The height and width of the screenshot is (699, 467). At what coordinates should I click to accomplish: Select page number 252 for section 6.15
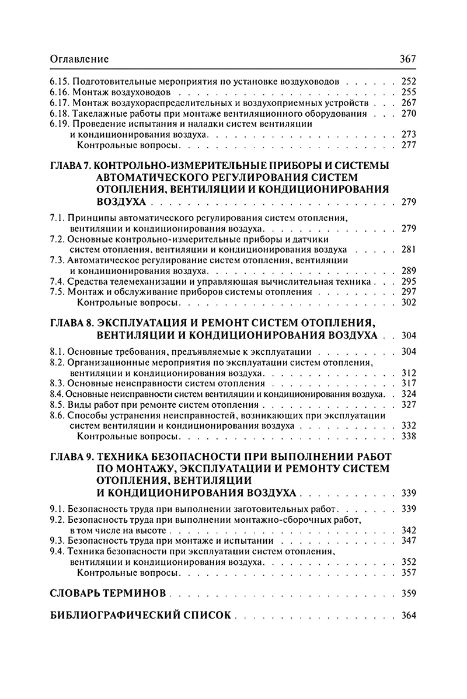pos(409,82)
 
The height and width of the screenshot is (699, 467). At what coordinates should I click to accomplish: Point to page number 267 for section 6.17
pos(409,103)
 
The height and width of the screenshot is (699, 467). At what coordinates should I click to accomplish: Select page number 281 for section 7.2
pos(409,250)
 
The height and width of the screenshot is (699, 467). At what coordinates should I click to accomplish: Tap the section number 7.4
pos(58,281)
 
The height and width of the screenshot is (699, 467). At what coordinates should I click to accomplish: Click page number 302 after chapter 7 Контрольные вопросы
pos(409,302)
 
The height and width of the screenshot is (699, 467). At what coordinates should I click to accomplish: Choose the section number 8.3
pos(58,383)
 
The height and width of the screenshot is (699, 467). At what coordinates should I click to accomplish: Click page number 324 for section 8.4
pos(409,394)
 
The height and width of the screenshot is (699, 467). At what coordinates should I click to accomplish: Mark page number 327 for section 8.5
pos(409,404)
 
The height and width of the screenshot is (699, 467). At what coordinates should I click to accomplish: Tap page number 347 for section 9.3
pos(409,541)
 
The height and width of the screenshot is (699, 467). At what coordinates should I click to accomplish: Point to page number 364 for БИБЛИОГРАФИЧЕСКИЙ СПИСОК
pos(409,615)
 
